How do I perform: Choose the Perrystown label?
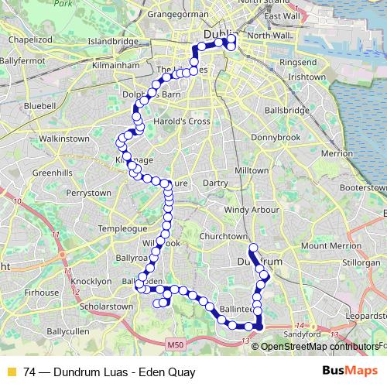coord(90,192)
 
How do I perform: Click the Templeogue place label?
coord(123,230)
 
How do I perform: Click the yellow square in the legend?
coord(10,372)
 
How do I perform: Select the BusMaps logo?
coord(350,372)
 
